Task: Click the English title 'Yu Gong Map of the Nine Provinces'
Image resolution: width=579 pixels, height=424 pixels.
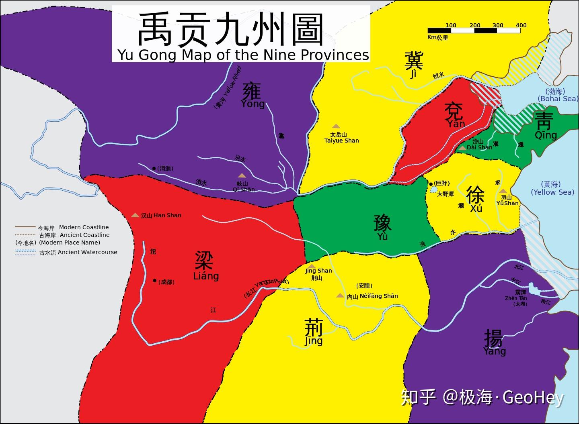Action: click(243, 55)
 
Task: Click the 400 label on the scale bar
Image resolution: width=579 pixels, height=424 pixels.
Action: click(521, 25)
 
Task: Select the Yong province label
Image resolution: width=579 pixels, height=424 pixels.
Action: click(253, 96)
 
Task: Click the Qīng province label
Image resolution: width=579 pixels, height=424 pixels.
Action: click(545, 126)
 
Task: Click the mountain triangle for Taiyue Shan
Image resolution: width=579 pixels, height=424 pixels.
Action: click(336, 126)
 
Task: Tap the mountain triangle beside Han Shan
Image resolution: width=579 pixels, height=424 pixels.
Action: click(135, 215)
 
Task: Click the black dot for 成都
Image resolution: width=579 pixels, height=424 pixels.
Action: click(154, 281)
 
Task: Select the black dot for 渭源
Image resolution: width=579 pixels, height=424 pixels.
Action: click(154, 169)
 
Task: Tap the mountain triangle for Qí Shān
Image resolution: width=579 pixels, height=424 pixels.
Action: click(242, 175)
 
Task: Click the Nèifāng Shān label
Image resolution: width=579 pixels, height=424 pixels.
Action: click(378, 296)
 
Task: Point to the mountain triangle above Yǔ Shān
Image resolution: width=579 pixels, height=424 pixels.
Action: click(503, 191)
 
